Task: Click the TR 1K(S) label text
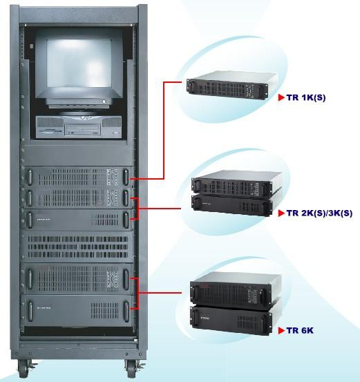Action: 306,97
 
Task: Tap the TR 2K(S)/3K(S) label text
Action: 319,213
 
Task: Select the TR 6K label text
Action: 300,331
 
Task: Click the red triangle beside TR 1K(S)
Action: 281,97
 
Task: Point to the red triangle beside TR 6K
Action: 281,331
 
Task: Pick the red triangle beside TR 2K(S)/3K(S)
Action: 281,213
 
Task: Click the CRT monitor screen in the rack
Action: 79,63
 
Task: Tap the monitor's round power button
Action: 104,101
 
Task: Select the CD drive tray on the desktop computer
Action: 83,129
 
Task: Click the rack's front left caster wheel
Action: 23,368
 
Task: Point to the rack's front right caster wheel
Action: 131,368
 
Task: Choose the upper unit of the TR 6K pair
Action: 235,289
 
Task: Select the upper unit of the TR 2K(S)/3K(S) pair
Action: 236,184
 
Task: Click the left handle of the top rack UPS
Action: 30,177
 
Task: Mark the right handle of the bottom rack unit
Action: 126,312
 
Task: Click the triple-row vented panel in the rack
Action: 77,247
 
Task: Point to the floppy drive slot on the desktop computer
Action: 50,131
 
